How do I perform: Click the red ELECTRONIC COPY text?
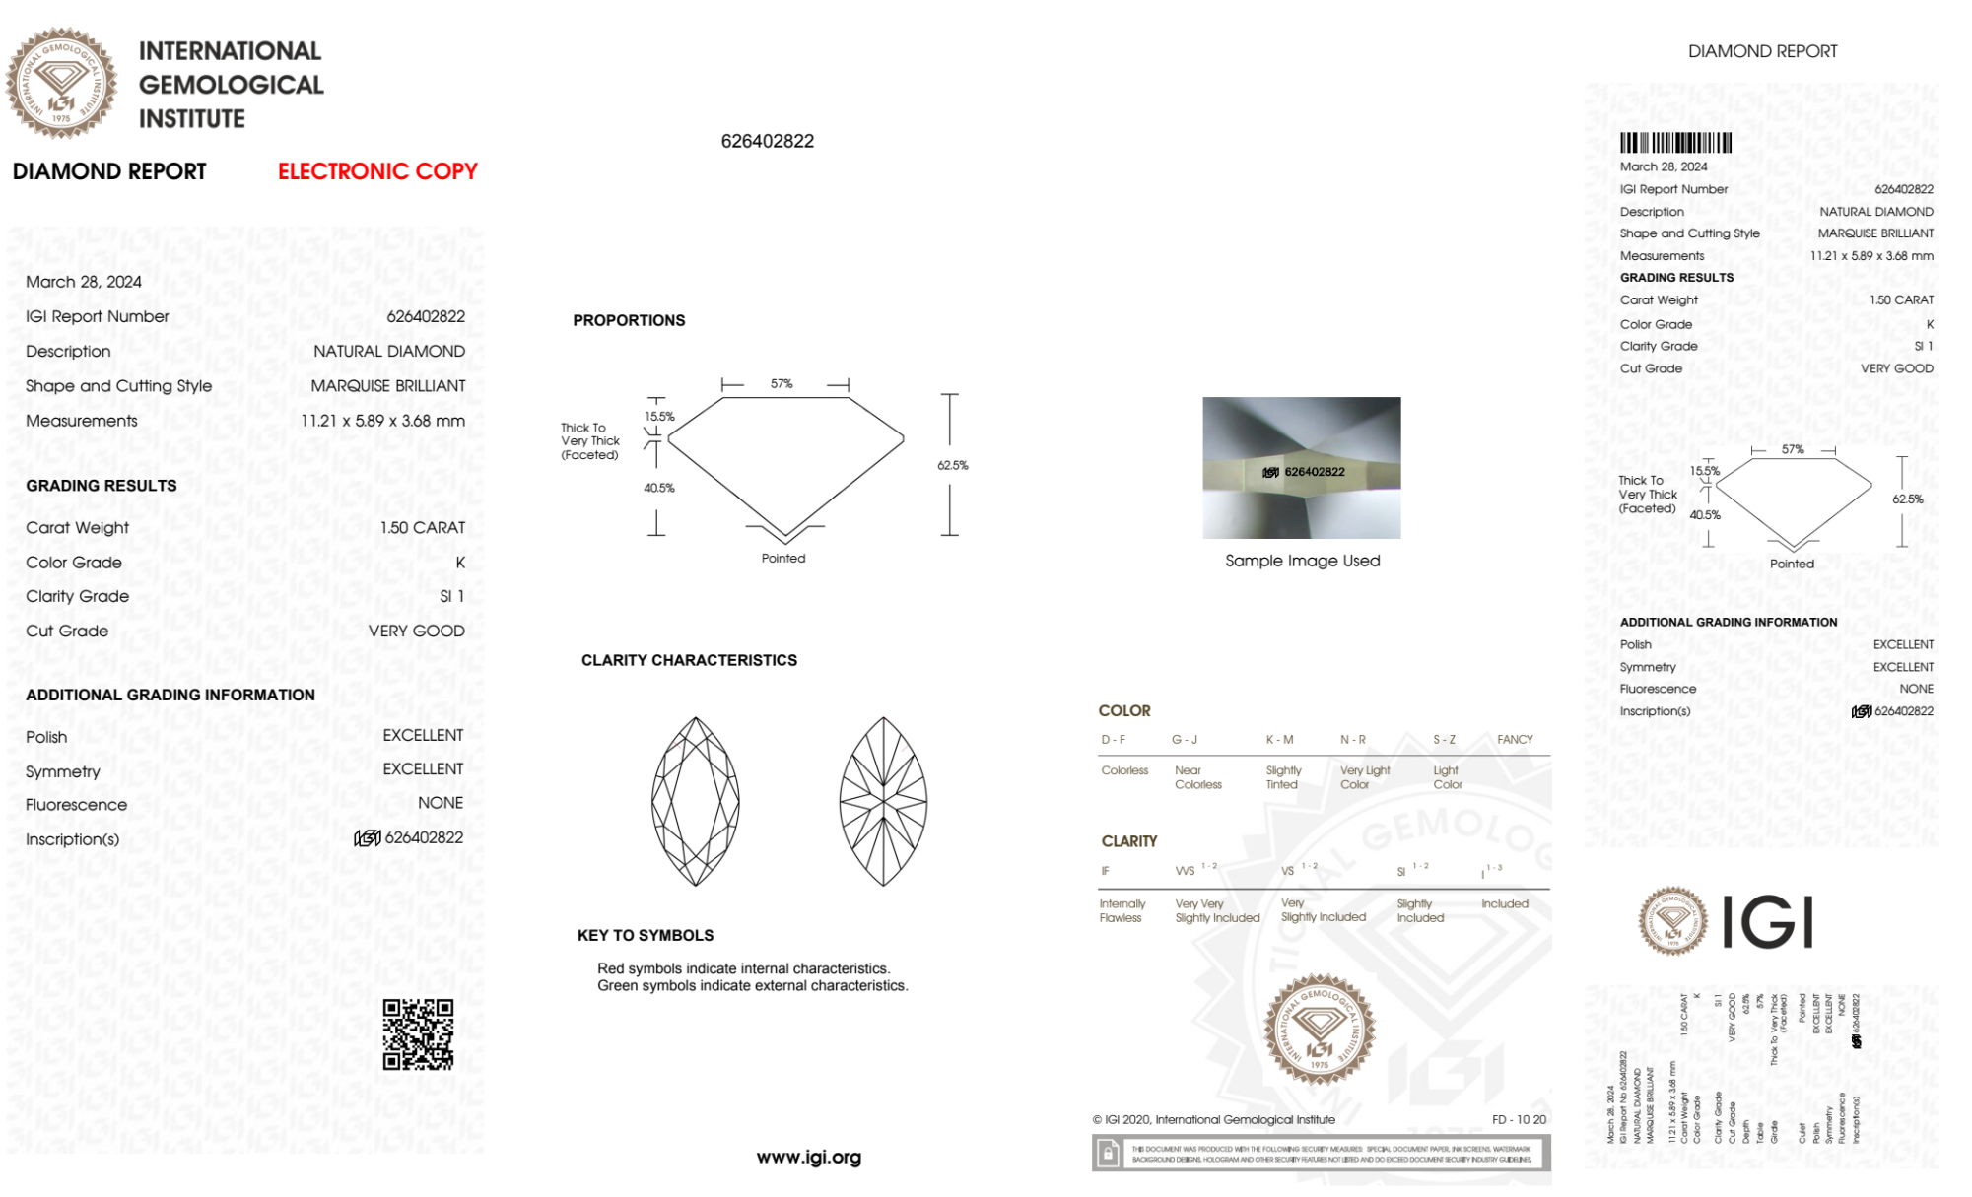point(377,171)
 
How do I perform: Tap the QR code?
point(418,1034)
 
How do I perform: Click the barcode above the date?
point(1675,143)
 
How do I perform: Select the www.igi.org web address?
point(808,1157)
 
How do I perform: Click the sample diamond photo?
point(1301,467)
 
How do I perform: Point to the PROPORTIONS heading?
point(629,320)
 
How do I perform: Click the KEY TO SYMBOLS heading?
point(646,935)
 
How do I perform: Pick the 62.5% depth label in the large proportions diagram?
point(952,465)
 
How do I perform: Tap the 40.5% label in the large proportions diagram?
point(659,488)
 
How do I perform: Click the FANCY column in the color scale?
point(1515,739)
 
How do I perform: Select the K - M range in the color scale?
point(1279,739)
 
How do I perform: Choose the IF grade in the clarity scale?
point(1106,871)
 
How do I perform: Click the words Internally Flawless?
point(1122,910)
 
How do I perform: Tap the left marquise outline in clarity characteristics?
point(696,801)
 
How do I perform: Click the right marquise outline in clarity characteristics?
point(883,801)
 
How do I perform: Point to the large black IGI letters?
point(1768,922)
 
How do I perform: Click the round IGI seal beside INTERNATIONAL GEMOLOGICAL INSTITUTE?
point(61,83)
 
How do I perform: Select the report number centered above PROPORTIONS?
point(768,141)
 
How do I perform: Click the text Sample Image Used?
point(1302,561)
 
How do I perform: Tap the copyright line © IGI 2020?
point(1213,1119)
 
